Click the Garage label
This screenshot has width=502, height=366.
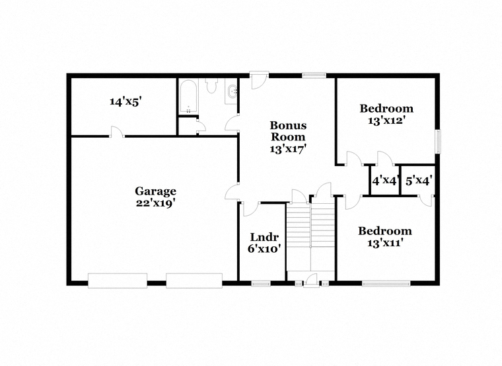tap(156, 191)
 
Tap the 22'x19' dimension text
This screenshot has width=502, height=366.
tap(156, 203)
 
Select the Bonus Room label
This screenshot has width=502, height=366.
tap(288, 131)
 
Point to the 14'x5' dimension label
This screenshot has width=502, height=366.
tap(126, 102)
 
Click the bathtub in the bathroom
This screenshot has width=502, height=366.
tap(188, 97)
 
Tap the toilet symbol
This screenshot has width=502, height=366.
tap(211, 85)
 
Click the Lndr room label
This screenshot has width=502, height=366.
tap(264, 238)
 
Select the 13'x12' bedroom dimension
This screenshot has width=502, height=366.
tap(387, 121)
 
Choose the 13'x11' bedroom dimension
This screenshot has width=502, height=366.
tap(384, 244)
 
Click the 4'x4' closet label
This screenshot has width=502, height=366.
tap(385, 181)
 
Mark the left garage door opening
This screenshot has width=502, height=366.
tap(118, 281)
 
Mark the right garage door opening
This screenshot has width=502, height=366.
tap(194, 281)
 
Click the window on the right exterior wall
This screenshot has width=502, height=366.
tap(438, 141)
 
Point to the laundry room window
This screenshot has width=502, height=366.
tap(261, 283)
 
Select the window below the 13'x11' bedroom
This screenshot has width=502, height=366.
tap(386, 283)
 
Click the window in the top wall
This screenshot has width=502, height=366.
tap(314, 75)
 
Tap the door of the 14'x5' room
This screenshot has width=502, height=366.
tap(117, 132)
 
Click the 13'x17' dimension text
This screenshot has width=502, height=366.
tap(288, 149)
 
